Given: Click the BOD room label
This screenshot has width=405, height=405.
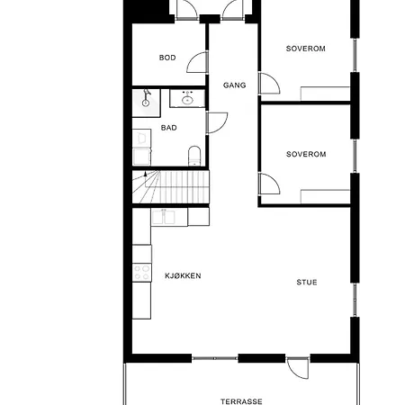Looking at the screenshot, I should click(167, 58).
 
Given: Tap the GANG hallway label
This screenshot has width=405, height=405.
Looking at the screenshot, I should click(234, 85).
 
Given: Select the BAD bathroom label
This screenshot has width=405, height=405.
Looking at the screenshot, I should click(168, 128).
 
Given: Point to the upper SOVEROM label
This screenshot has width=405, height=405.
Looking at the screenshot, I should click(305, 48).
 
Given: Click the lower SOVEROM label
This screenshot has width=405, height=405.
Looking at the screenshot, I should click(305, 154).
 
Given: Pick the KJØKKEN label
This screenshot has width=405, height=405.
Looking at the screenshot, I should click(182, 275).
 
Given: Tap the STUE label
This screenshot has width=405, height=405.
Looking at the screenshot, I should click(307, 282).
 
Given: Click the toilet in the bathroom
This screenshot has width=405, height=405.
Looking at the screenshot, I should click(193, 158).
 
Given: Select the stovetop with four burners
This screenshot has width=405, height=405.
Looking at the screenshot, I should click(141, 269).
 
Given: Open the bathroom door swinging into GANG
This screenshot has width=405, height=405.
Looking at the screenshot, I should click(216, 122).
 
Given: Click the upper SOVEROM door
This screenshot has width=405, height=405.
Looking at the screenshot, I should click(268, 85).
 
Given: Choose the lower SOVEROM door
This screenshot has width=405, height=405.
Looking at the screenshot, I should click(268, 184).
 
